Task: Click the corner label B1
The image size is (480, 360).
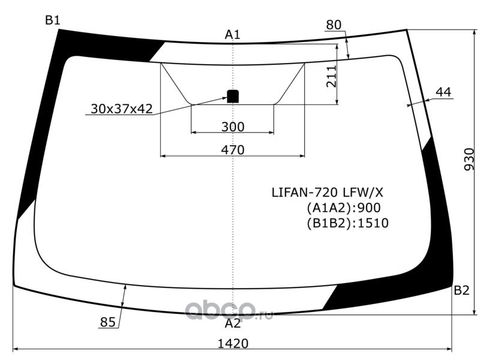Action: (x=53, y=20)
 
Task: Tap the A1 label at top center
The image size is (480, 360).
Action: (x=233, y=35)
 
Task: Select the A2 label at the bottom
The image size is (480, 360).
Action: (x=233, y=323)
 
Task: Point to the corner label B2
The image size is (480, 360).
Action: (x=461, y=290)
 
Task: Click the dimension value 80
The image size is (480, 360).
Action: (x=334, y=25)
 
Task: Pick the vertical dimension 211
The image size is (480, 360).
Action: (x=331, y=77)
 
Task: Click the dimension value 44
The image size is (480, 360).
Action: (x=443, y=92)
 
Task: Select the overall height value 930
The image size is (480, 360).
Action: (x=469, y=160)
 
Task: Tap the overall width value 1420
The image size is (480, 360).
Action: (x=233, y=343)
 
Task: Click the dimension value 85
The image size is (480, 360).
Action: (x=108, y=322)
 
